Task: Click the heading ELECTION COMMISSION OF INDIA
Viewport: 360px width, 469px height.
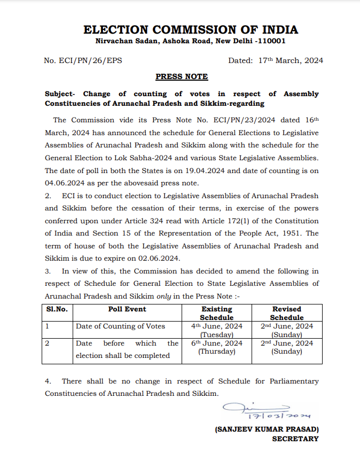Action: point(191,29)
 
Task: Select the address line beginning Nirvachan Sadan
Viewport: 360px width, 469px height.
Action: point(190,41)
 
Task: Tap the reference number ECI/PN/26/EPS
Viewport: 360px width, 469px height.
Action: point(83,60)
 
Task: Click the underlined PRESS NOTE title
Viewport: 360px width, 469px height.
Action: point(182,77)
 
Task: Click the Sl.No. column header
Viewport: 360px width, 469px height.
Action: point(57,309)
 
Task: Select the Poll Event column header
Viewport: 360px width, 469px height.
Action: point(127,309)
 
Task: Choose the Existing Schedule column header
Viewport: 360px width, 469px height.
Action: point(216,313)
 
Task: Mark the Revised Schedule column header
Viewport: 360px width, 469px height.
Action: point(287,313)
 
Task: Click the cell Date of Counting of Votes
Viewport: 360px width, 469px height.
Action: point(120,326)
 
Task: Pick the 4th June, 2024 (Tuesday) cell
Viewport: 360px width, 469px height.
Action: point(216,330)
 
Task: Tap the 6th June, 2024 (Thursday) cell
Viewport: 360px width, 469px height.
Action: point(216,347)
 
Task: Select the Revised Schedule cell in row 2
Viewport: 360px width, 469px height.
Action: point(287,347)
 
